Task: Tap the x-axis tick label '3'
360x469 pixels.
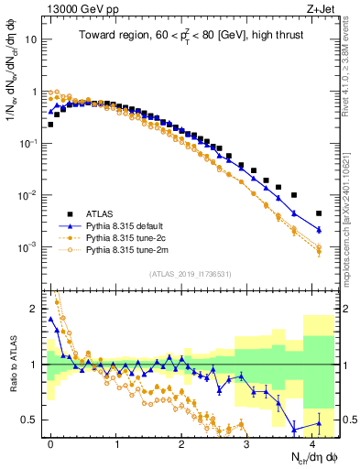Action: pos(247,442)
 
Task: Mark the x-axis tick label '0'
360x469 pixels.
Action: pos(50,442)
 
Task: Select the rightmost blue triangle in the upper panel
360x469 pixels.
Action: pos(319,229)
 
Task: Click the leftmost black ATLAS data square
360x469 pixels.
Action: pos(50,125)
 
